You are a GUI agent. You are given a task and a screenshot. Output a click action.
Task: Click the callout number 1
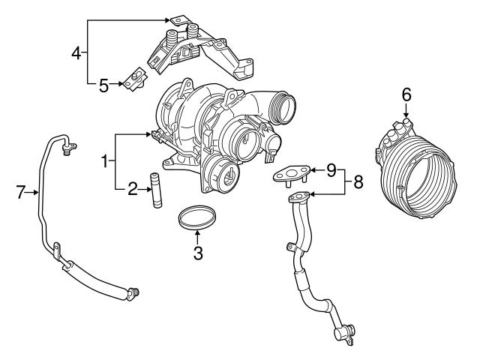click(105, 160)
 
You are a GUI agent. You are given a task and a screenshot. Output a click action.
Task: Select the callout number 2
click(132, 189)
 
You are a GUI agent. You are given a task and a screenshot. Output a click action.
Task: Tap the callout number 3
click(198, 253)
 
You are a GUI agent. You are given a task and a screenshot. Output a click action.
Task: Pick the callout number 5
click(103, 85)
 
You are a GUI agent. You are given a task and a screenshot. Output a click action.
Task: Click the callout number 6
click(406, 94)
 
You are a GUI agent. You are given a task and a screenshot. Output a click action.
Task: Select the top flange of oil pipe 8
click(298, 197)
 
